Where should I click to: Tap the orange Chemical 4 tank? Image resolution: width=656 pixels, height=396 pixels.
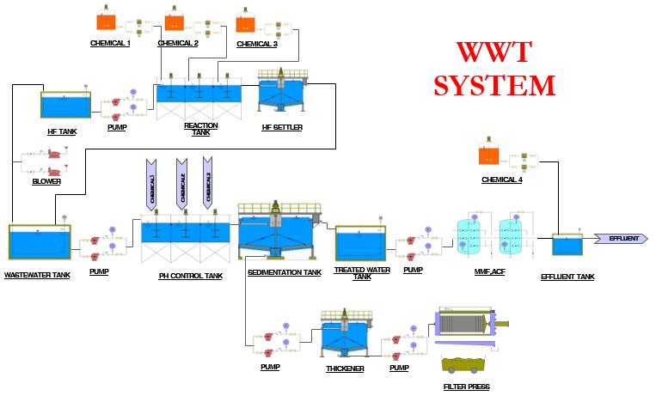point(490,155)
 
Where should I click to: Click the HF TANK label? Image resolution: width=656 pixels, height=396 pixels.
point(63,131)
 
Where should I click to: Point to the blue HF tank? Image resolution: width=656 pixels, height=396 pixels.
point(65,106)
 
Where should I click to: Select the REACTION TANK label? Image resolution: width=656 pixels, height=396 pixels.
point(200,129)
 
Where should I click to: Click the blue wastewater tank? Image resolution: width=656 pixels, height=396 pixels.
point(40,244)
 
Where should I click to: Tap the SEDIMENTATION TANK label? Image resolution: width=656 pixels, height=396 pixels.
point(284,272)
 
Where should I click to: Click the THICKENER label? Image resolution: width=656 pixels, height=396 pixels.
point(345,369)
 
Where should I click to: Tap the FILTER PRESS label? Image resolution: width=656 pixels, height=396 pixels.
point(467,387)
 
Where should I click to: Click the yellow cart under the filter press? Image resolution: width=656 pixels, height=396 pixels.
point(467,365)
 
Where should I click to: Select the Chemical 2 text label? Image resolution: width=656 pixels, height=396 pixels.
point(178,43)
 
